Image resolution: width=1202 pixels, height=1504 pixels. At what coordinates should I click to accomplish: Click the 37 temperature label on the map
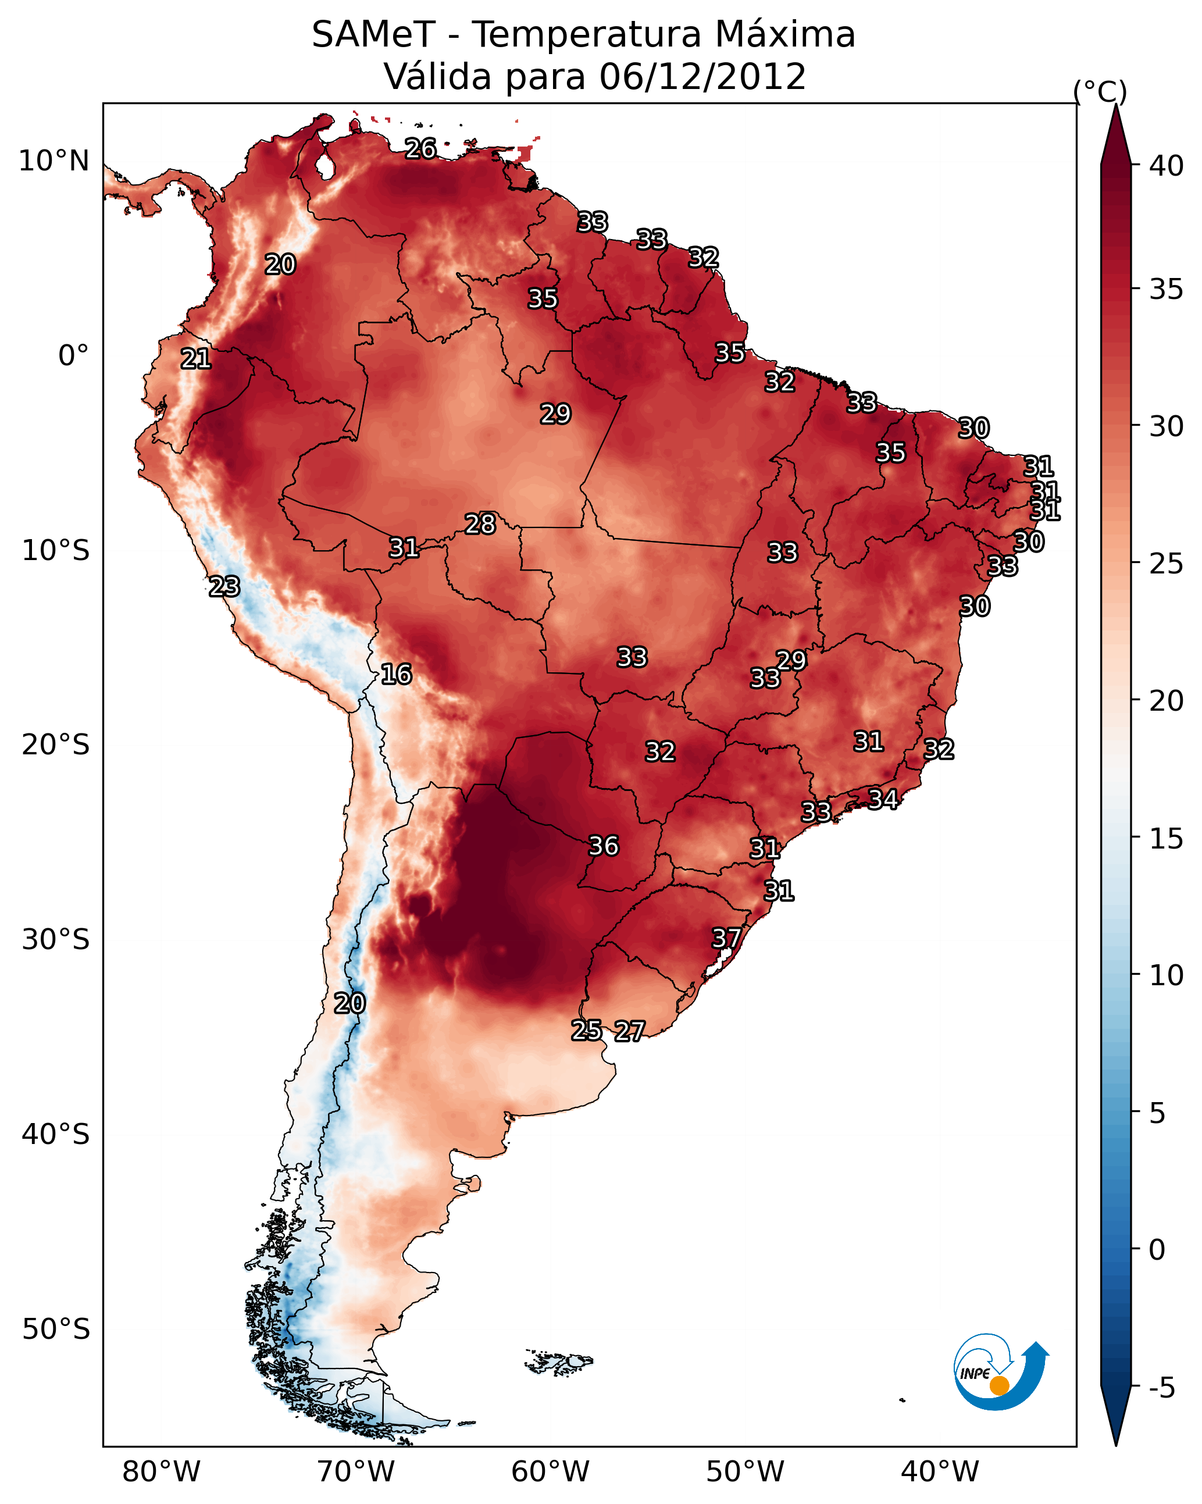tap(726, 938)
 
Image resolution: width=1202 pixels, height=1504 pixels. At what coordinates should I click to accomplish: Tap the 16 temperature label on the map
tap(396, 674)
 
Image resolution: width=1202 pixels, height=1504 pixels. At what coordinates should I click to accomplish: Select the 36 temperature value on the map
tap(604, 846)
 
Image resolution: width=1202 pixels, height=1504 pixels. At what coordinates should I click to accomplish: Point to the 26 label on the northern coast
tap(420, 148)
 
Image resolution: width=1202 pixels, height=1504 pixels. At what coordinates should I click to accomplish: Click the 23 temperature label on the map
tap(224, 586)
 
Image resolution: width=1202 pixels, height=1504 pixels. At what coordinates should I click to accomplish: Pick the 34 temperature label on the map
tap(883, 798)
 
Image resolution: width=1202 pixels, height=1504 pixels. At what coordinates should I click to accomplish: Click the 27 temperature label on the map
tap(629, 1031)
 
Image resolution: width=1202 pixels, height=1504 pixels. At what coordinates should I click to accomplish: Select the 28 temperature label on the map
tap(480, 523)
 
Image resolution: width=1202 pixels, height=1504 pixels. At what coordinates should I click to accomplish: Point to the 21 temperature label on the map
tap(195, 359)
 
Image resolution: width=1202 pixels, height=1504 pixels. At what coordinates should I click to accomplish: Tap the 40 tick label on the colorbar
tap(1167, 166)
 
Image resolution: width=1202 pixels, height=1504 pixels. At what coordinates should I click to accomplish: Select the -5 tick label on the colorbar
tap(1161, 1388)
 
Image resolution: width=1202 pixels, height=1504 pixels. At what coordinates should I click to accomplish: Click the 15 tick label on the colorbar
tap(1167, 839)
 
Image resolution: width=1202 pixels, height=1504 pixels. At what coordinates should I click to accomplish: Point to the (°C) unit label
tap(1100, 91)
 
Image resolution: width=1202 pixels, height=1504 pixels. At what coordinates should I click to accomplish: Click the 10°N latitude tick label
tap(53, 161)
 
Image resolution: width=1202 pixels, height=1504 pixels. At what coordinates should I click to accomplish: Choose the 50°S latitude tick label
tap(56, 1330)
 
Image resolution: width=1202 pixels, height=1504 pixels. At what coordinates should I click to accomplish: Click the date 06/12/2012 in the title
tap(702, 77)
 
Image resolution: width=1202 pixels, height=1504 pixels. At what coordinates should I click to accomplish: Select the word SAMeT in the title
tap(373, 35)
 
